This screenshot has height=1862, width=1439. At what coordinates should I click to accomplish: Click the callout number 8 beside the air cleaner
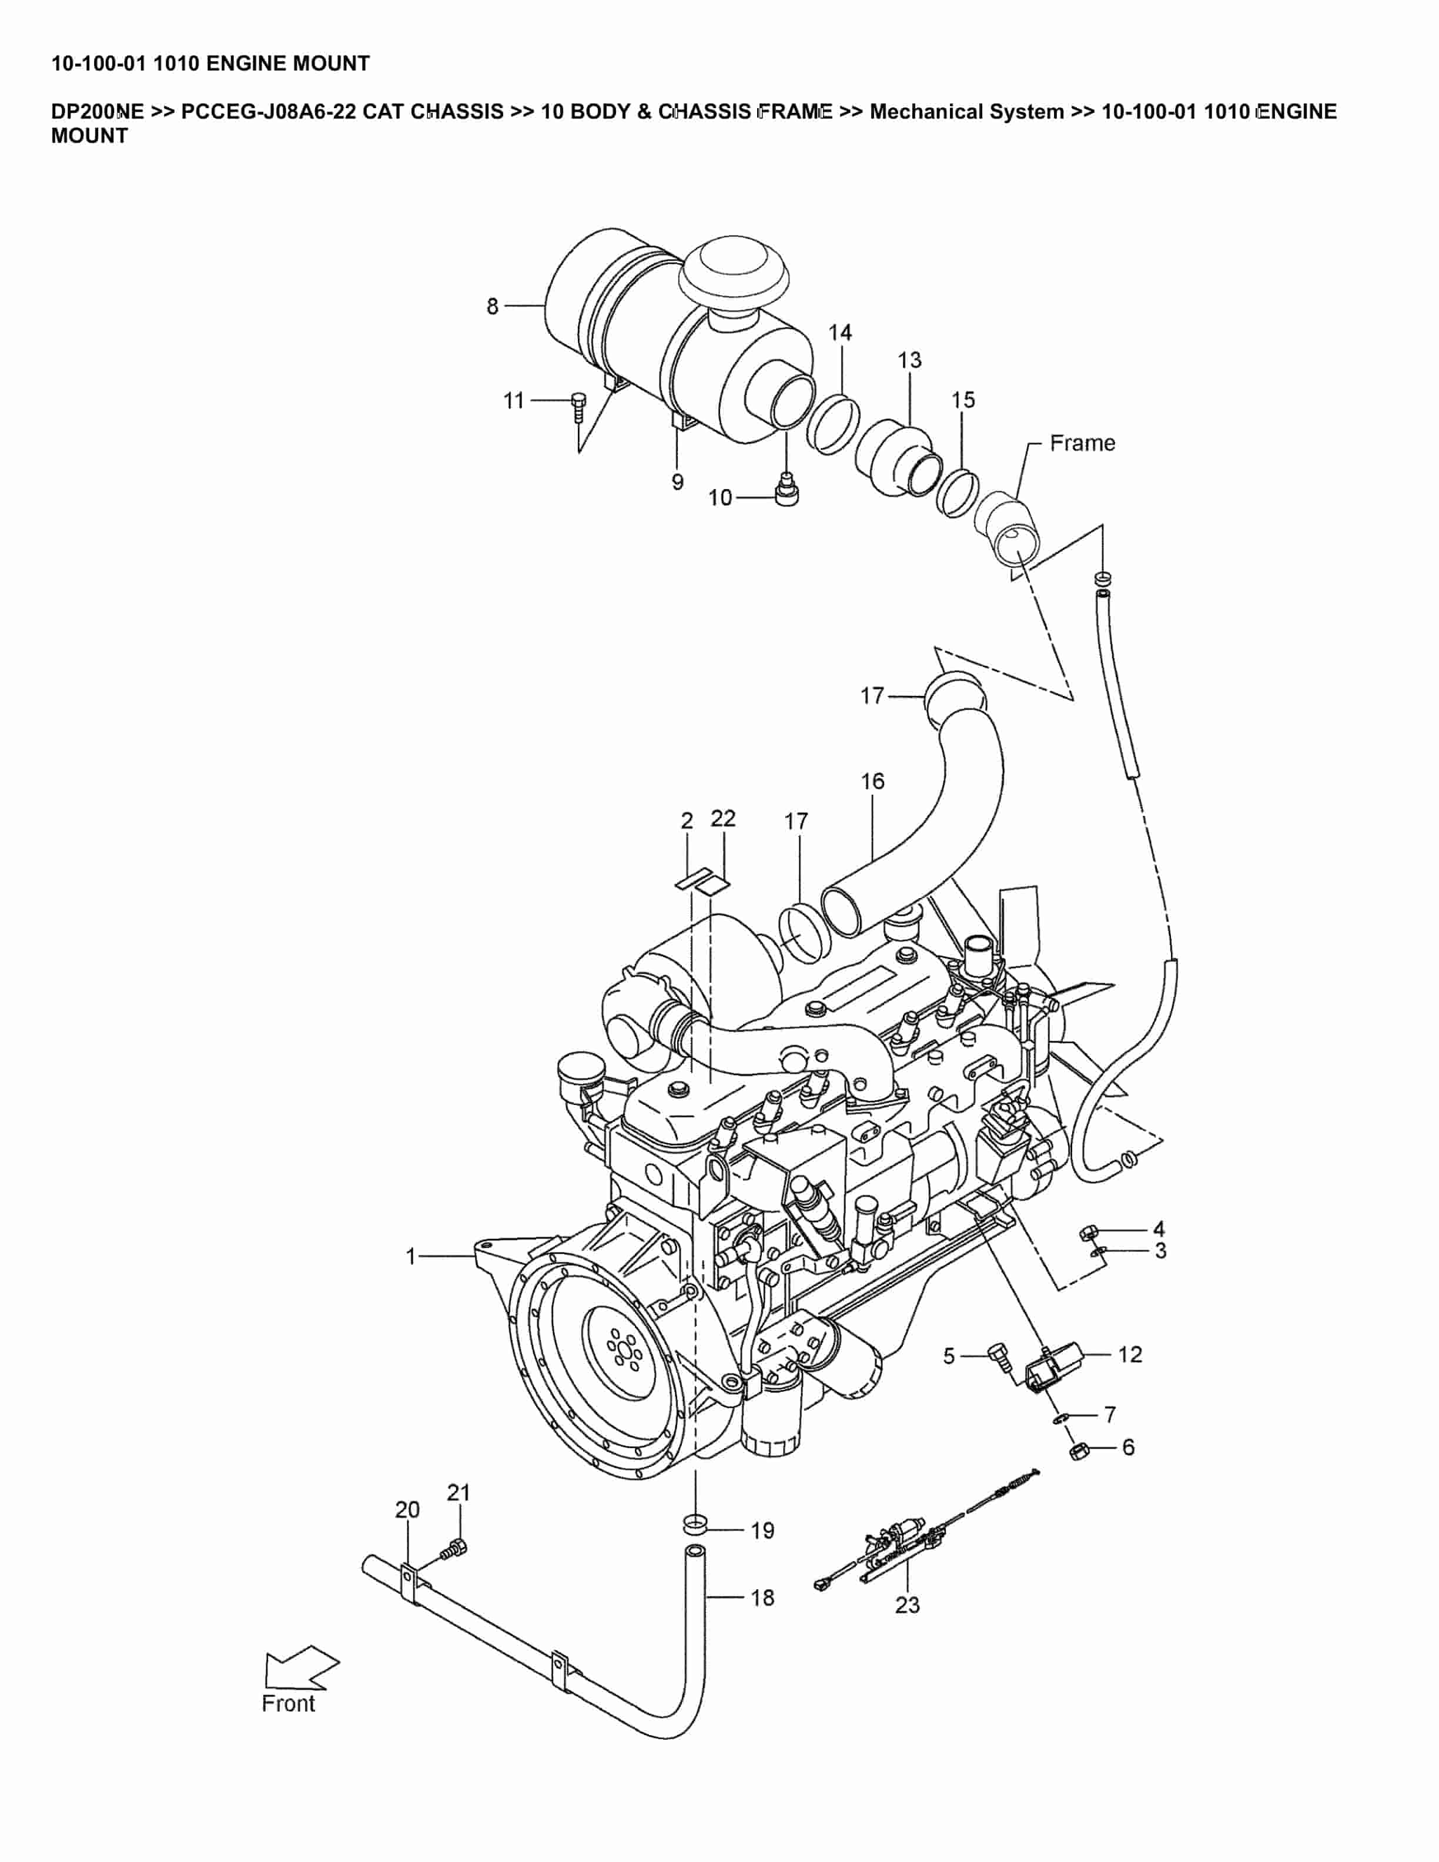click(x=492, y=306)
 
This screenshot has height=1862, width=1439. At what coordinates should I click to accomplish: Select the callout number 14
click(x=839, y=333)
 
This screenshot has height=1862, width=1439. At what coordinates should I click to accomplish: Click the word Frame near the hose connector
click(x=1082, y=443)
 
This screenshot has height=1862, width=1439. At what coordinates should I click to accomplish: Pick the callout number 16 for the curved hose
click(x=872, y=781)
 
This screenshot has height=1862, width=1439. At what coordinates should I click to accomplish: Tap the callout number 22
click(x=723, y=819)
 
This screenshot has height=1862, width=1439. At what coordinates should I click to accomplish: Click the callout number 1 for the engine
click(x=411, y=1257)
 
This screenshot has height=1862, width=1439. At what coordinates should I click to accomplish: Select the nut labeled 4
click(x=1088, y=1232)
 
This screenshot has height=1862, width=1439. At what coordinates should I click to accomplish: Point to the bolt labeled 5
click(x=998, y=1354)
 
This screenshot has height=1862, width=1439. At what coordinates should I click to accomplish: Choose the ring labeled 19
click(x=695, y=1523)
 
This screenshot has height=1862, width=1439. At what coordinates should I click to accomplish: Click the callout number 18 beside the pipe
click(x=762, y=1598)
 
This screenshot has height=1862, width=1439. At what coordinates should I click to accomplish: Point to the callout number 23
click(x=907, y=1605)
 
